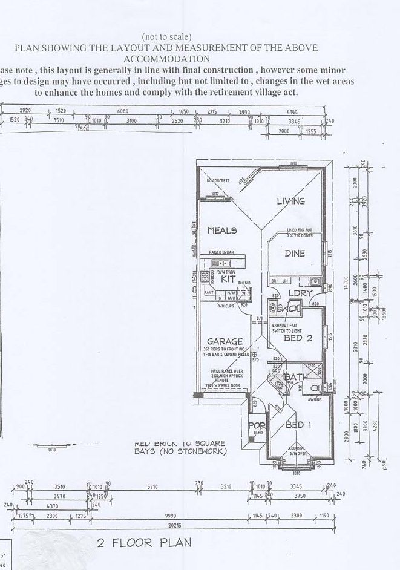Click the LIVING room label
[291, 201]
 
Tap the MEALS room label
[222, 231]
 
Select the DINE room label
[295, 254]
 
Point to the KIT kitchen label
[228, 279]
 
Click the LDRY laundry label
[300, 293]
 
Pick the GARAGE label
[225, 341]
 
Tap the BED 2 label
[298, 339]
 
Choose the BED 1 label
[298, 425]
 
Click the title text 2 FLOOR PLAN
[144, 543]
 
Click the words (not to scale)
[166, 36]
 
